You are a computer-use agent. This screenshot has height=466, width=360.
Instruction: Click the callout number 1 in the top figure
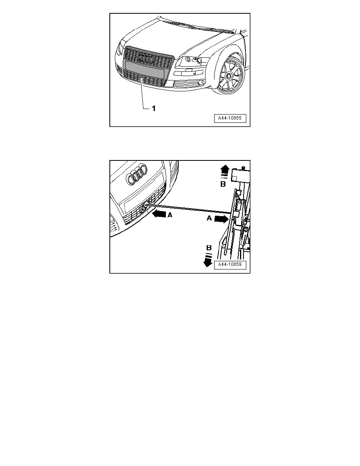coord(154,109)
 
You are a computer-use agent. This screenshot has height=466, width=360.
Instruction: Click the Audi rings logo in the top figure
coord(145,58)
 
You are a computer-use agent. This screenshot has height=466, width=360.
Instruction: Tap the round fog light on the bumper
coord(202,82)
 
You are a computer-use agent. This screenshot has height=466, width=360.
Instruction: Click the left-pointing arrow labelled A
coord(160,215)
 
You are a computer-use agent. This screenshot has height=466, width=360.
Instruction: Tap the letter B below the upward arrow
coord(222,184)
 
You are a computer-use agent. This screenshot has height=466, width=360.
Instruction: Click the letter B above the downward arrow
coord(209,248)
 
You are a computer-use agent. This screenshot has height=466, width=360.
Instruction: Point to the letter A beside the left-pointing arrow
coord(170,215)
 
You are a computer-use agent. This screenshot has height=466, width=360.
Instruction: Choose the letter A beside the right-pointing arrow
coord(210,220)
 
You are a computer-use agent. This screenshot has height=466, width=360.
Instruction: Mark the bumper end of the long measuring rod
coord(146,204)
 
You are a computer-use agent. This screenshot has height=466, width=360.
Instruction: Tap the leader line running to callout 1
coord(141,94)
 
